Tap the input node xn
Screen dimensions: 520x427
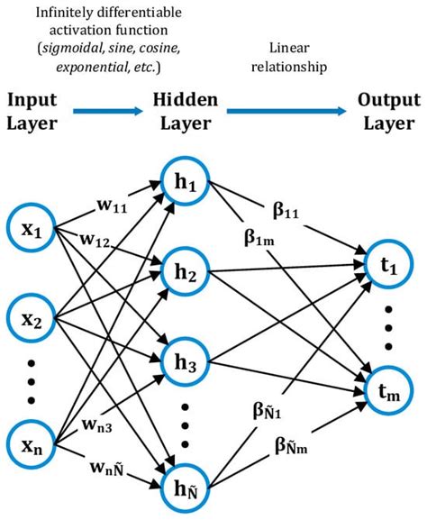(33, 444)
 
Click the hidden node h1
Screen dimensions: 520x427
(186, 183)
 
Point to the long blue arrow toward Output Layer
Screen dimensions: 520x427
(286, 112)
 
